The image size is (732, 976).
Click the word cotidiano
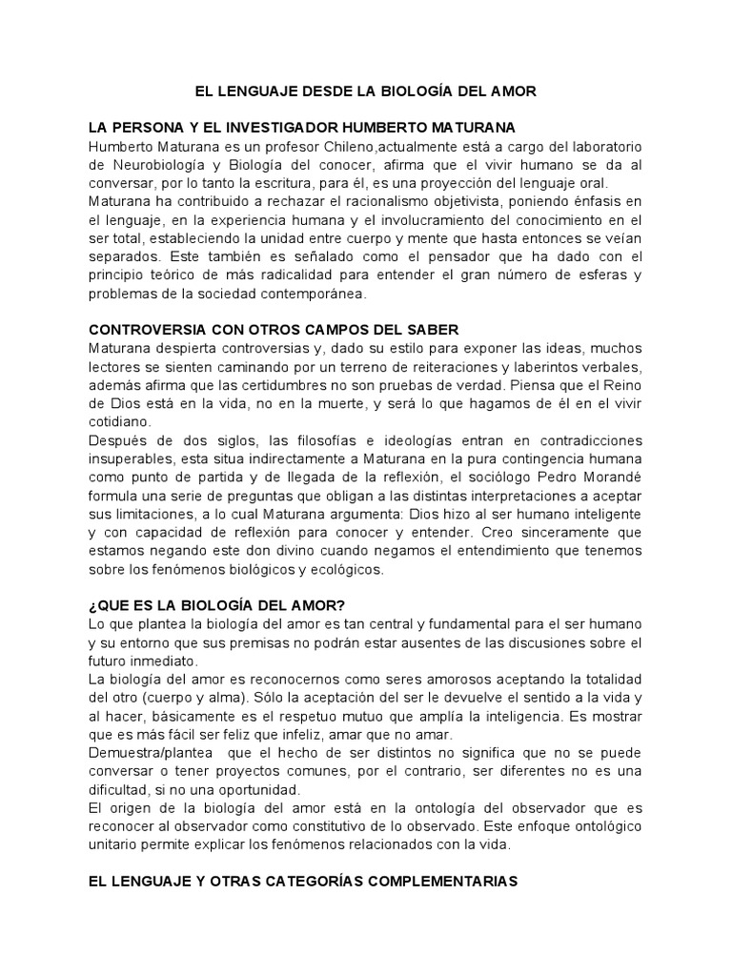click(117, 421)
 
